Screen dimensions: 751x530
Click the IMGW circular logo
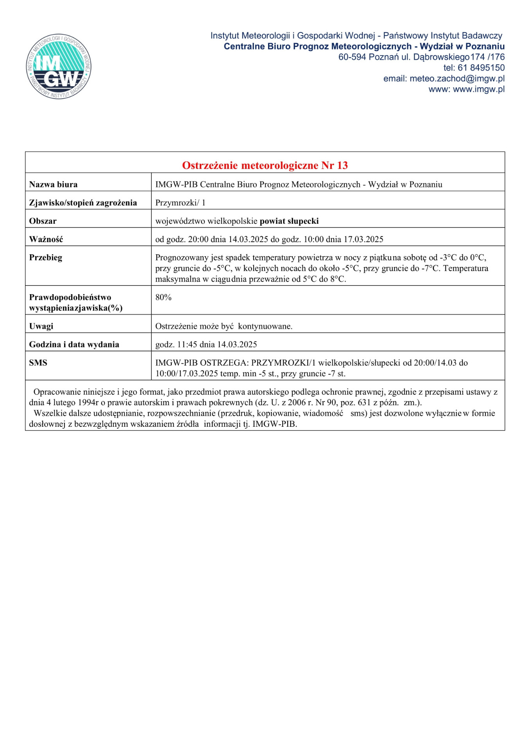59,66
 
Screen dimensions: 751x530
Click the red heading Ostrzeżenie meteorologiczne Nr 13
265,165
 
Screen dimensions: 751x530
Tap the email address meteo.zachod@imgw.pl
457,79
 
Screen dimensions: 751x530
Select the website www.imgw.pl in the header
478,89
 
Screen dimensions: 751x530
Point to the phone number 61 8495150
481,68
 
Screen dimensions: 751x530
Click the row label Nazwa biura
53,184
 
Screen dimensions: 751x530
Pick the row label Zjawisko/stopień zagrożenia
83,203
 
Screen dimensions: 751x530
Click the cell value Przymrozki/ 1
180,203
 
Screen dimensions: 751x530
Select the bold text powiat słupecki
289,221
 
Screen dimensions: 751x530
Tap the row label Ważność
46,239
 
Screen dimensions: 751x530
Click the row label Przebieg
45,257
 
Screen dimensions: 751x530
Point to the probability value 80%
163,297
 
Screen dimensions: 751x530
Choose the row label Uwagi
41,326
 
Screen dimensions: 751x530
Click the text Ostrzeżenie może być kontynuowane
224,326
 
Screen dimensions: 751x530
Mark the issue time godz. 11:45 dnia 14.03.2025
206,345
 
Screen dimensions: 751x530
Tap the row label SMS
38,363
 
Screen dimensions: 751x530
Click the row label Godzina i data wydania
74,345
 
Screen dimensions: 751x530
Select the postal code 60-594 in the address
352,57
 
